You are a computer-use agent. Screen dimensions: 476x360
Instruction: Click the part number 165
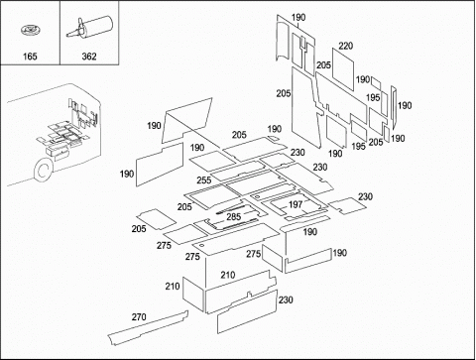tap(30, 57)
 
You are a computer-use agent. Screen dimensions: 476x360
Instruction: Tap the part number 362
tap(89, 57)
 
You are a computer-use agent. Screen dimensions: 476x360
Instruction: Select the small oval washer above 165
tap(31, 31)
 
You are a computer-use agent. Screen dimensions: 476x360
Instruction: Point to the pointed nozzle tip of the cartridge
tap(67, 35)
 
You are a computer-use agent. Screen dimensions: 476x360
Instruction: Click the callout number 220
tap(345, 46)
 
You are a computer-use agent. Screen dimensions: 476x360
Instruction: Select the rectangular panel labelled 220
tap(343, 69)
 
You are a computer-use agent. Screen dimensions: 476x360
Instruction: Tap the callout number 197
tap(296, 204)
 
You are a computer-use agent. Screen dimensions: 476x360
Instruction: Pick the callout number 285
tap(233, 217)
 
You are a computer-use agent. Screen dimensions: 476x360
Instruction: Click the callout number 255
tap(204, 180)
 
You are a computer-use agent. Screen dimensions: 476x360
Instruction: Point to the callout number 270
tap(139, 317)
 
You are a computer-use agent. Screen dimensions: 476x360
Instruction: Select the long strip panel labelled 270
tap(148, 328)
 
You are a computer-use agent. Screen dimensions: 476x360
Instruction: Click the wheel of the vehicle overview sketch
tap(44, 171)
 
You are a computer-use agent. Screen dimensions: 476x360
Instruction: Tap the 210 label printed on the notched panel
tap(228, 275)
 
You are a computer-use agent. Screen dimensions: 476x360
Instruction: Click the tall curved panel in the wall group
tap(283, 39)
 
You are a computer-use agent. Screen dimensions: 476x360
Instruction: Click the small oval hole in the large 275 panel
tap(201, 246)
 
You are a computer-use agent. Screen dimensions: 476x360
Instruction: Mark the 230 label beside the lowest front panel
tap(286, 300)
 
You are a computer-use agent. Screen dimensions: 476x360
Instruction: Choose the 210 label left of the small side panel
tap(173, 286)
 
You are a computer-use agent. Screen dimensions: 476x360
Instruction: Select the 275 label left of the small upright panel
tap(253, 254)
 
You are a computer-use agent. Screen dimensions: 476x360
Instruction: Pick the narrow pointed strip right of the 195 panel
tap(394, 107)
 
